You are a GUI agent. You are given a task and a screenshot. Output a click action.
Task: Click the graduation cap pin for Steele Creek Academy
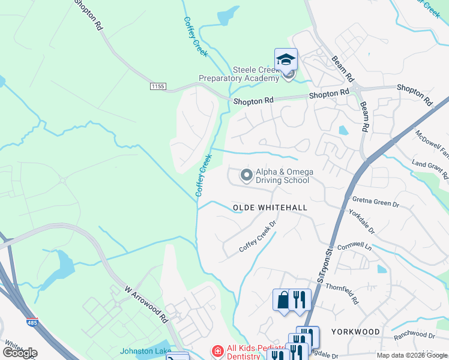(286, 59)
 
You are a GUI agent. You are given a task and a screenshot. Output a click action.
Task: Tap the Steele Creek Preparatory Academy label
(239, 74)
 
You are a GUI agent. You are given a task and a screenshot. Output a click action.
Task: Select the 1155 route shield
(158, 87)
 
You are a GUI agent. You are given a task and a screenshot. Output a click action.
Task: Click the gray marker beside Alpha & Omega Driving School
(246, 176)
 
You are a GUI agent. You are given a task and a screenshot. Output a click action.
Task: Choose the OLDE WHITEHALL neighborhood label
(270, 208)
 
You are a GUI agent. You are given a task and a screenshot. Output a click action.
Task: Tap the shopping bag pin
(283, 299)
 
